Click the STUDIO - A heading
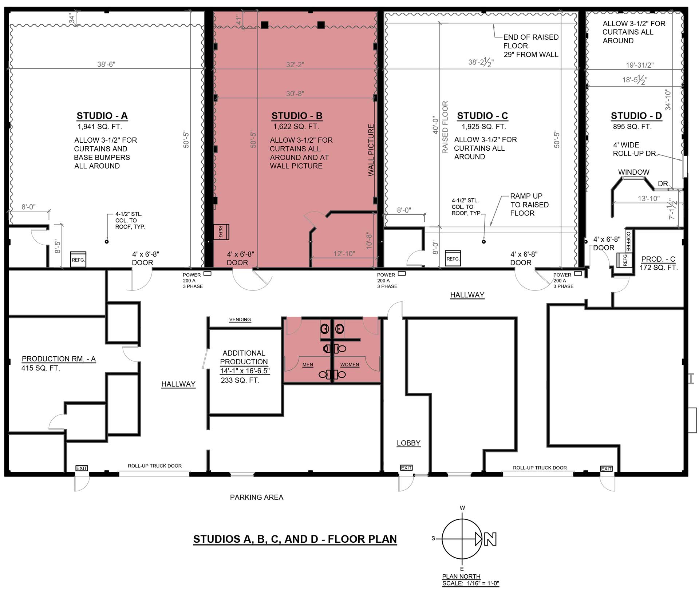click(102, 116)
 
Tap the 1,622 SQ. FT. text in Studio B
click(296, 127)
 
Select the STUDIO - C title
click(482, 116)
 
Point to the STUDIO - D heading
click(636, 116)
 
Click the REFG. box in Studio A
click(78, 260)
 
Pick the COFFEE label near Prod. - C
click(628, 241)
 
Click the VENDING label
click(240, 320)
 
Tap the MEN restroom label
click(308, 365)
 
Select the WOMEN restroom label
click(349, 365)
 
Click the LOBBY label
click(408, 443)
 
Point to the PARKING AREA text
click(257, 497)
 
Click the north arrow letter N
click(490, 539)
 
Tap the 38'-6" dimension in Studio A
click(106, 64)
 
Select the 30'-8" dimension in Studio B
click(295, 94)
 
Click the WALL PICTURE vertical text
click(371, 150)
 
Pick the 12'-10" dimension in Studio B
click(344, 254)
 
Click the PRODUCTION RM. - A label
click(59, 359)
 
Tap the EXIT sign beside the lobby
click(406, 468)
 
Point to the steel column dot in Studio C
click(483, 242)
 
